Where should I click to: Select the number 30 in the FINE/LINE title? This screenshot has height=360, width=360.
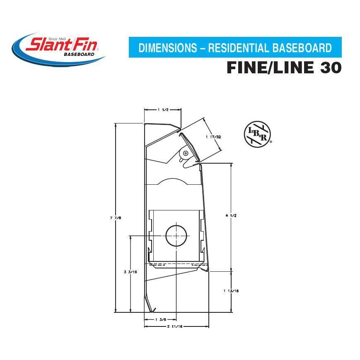[330, 68]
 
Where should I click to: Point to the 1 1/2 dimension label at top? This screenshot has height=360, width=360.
[163, 110]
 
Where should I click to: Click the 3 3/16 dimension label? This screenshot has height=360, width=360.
[130, 272]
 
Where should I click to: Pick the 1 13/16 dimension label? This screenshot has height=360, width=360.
[231, 291]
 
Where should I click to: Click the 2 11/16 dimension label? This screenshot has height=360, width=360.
[176, 326]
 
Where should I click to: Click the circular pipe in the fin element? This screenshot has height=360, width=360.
[177, 235]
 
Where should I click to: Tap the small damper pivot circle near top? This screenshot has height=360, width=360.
[186, 153]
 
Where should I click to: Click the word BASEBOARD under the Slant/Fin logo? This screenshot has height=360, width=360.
[79, 54]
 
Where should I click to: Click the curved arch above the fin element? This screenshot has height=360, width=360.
[174, 181]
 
